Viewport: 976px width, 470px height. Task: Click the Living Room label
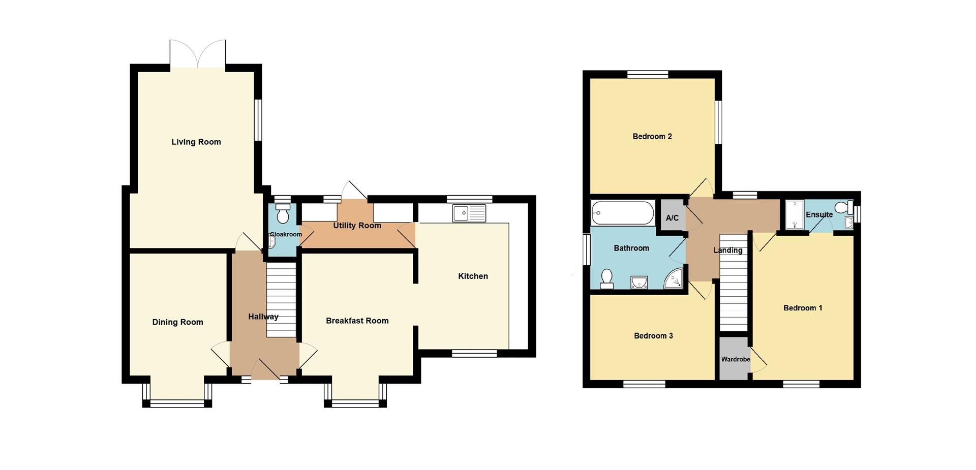coord(196,142)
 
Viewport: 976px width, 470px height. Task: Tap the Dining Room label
coord(177,322)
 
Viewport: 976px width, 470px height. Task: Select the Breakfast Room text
coord(357,321)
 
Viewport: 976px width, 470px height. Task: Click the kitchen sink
coord(469,213)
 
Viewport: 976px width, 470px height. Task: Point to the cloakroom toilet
coord(283,213)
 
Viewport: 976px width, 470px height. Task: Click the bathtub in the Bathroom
coord(622,213)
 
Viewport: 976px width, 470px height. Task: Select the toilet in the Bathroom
coord(606,279)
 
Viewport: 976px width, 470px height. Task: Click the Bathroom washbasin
coord(638,283)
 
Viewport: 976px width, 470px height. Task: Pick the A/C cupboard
coord(672,217)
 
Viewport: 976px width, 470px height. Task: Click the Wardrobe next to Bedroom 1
coord(734,358)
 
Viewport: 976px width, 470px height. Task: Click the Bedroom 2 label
coord(652,136)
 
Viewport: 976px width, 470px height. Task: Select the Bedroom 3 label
coord(653,336)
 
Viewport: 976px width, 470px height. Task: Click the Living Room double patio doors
coord(198,53)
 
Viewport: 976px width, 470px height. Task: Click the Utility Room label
coord(357,226)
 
